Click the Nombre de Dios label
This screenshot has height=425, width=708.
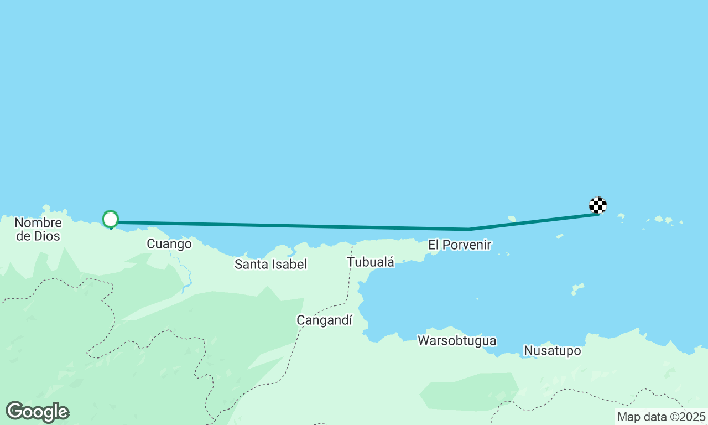pyautogui.click(x=38, y=230)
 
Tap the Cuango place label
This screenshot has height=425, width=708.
pyautogui.click(x=169, y=243)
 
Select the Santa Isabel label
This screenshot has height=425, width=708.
pyautogui.click(x=270, y=264)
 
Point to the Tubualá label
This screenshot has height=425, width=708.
pyautogui.click(x=371, y=262)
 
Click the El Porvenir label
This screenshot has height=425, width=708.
pyautogui.click(x=459, y=245)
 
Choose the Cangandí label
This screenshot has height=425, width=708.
pyautogui.click(x=324, y=320)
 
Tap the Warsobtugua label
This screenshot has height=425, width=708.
pyautogui.click(x=457, y=340)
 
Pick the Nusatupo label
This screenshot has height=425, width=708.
pyautogui.click(x=552, y=351)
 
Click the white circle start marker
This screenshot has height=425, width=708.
pyautogui.click(x=111, y=219)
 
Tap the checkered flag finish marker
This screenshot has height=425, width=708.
pyautogui.click(x=598, y=205)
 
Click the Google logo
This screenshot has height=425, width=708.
pyautogui.click(x=37, y=412)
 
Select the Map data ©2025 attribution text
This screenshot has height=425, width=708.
pyautogui.click(x=662, y=417)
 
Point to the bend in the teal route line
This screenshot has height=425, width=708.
pyautogui.click(x=469, y=229)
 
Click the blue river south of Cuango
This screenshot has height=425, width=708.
pyautogui.click(x=186, y=274)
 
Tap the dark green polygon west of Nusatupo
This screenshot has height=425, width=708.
pyautogui.click(x=470, y=392)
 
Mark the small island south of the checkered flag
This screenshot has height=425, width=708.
pyautogui.click(x=577, y=288)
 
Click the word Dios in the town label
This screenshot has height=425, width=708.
pyautogui.click(x=46, y=236)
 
